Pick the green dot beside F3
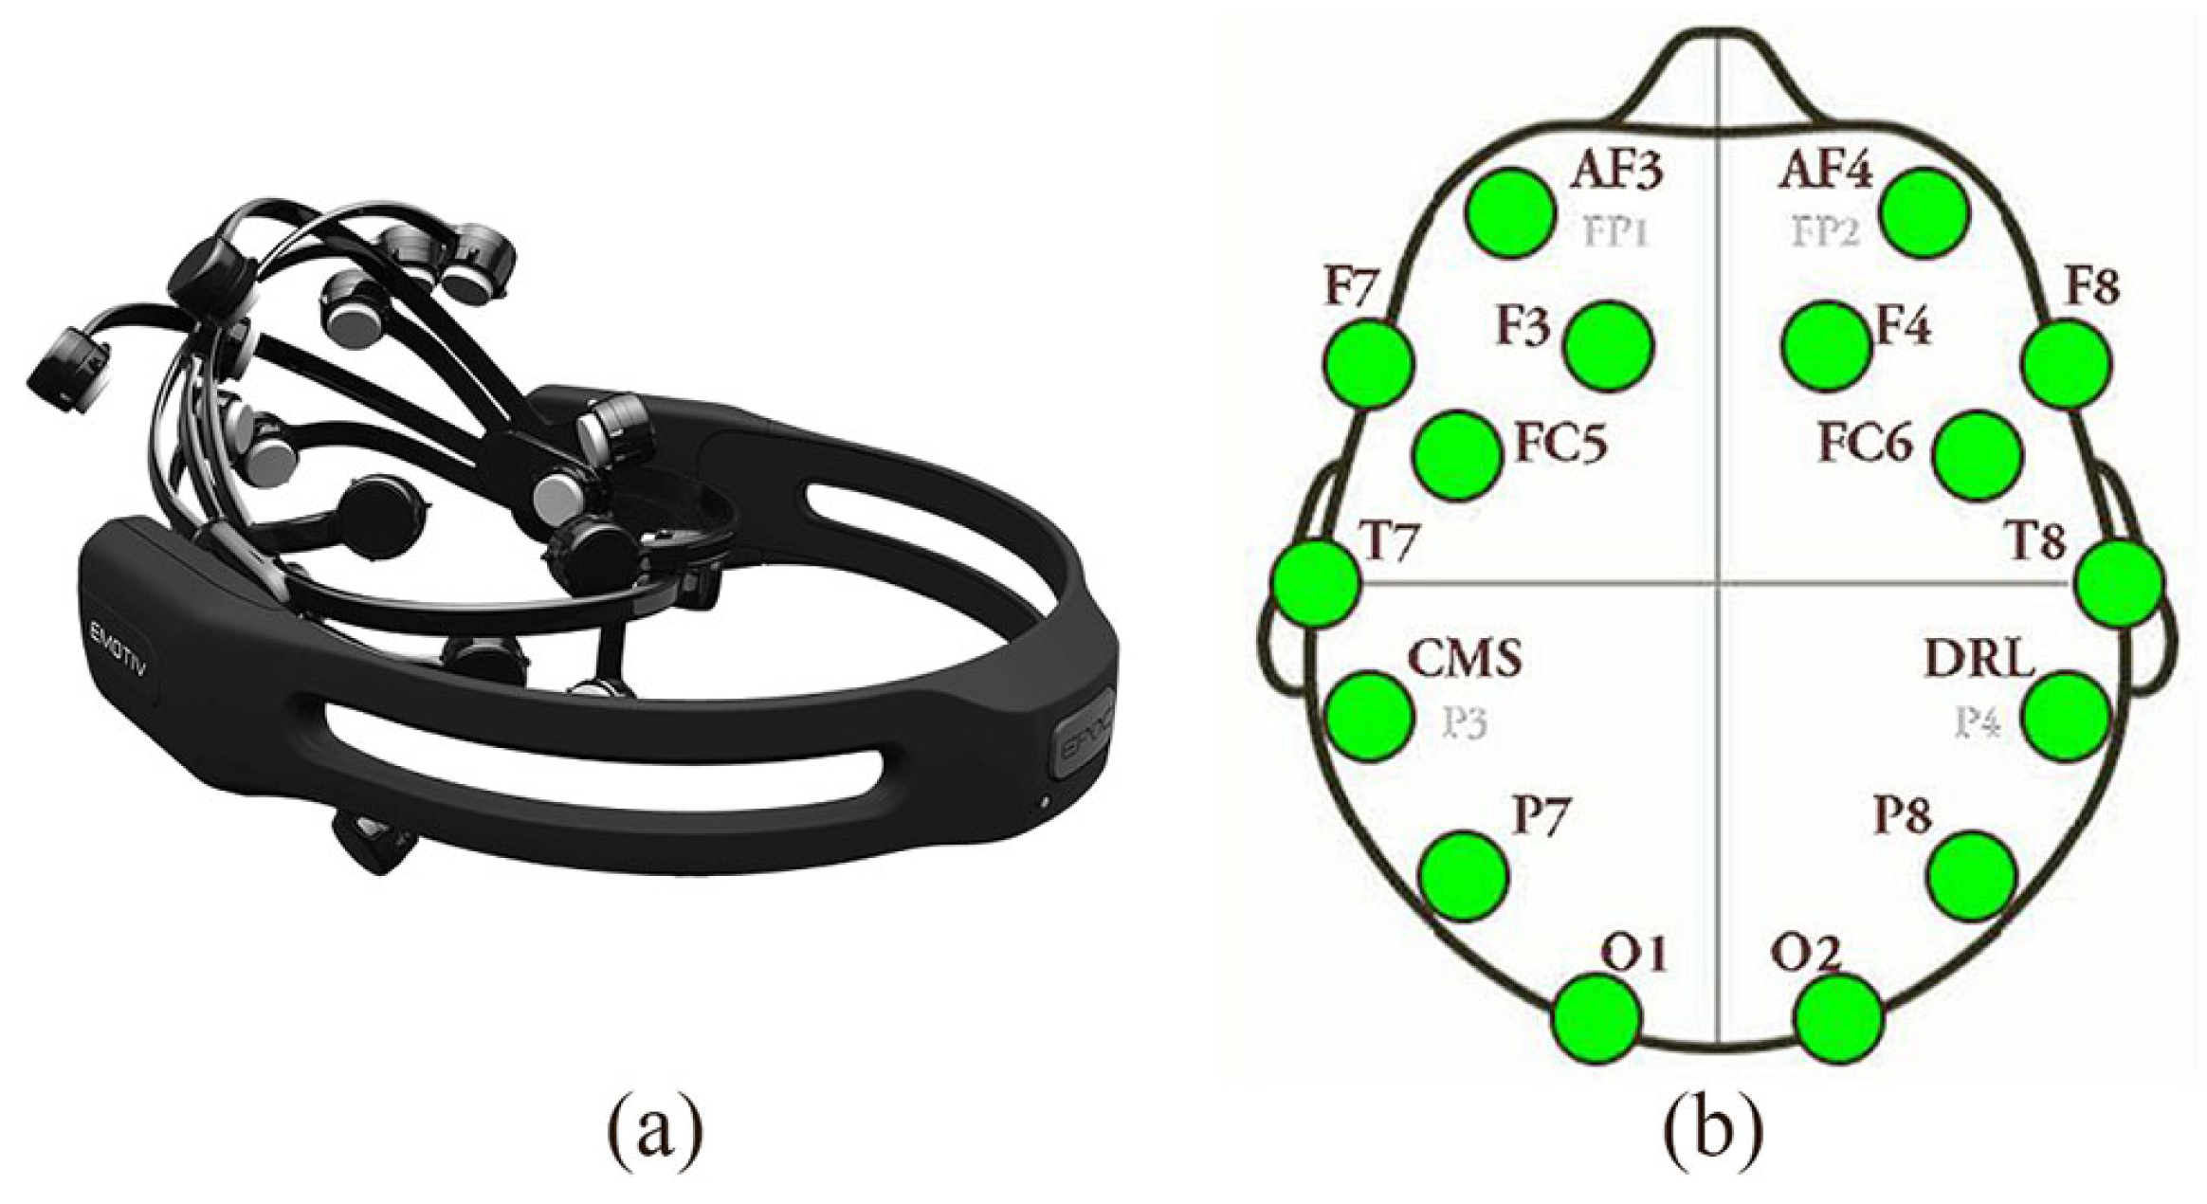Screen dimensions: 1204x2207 (x=1609, y=346)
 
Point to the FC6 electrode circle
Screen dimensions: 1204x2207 (x=1977, y=455)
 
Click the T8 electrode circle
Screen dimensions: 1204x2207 (x=2119, y=581)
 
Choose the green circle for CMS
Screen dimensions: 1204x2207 (x=1369, y=716)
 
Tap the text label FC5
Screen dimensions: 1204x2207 (x=1560, y=444)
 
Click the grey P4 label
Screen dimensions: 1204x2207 (x=1977, y=725)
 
